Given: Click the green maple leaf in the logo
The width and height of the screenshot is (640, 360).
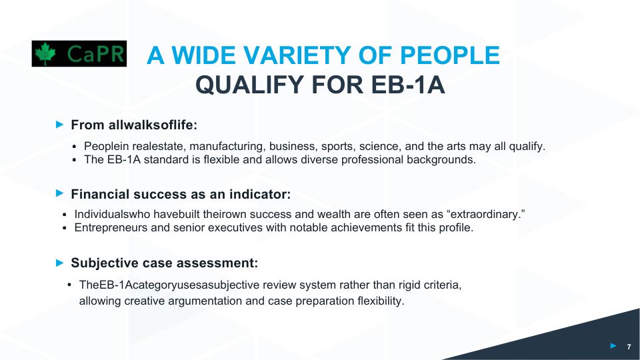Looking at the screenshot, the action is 45,53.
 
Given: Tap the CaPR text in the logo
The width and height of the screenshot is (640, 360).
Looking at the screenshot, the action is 95,54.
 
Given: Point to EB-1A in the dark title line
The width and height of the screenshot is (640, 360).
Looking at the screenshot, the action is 408,85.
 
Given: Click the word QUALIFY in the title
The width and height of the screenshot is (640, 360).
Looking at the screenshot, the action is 250,85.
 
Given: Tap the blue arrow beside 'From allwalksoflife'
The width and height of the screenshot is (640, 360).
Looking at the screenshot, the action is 59,124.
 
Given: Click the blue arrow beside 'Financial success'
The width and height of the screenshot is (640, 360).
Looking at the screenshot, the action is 59,193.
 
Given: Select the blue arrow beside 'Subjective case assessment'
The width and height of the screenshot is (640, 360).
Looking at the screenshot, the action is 59,263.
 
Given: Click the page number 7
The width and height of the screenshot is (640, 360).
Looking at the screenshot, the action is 629,347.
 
